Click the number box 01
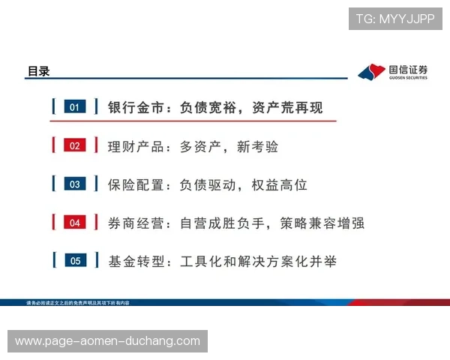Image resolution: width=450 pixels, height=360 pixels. pyautogui.click(x=74, y=107)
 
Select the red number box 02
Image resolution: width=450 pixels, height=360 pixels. pyautogui.click(x=74, y=145)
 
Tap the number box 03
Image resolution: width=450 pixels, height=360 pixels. pyautogui.click(x=74, y=184)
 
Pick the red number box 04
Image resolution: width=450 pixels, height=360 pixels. pyautogui.click(x=74, y=222)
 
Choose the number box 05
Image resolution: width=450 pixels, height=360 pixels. pyautogui.click(x=74, y=260)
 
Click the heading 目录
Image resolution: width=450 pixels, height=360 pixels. pyautogui.click(x=38, y=71)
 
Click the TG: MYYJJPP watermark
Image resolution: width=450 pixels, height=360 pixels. pyautogui.click(x=395, y=19)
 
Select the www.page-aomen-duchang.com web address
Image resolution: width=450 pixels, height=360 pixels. pyautogui.click(x=108, y=341)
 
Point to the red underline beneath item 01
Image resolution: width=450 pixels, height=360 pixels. pyautogui.click(x=193, y=120)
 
